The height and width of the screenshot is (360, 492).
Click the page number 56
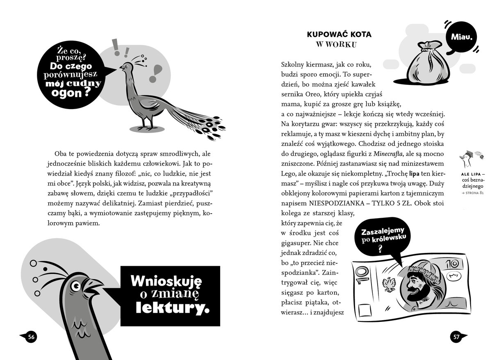pos(31,337)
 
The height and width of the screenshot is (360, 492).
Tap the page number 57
pos(456,337)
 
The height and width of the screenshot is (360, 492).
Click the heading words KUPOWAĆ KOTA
pos(339,34)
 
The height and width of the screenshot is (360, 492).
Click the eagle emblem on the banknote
pos(387,283)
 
